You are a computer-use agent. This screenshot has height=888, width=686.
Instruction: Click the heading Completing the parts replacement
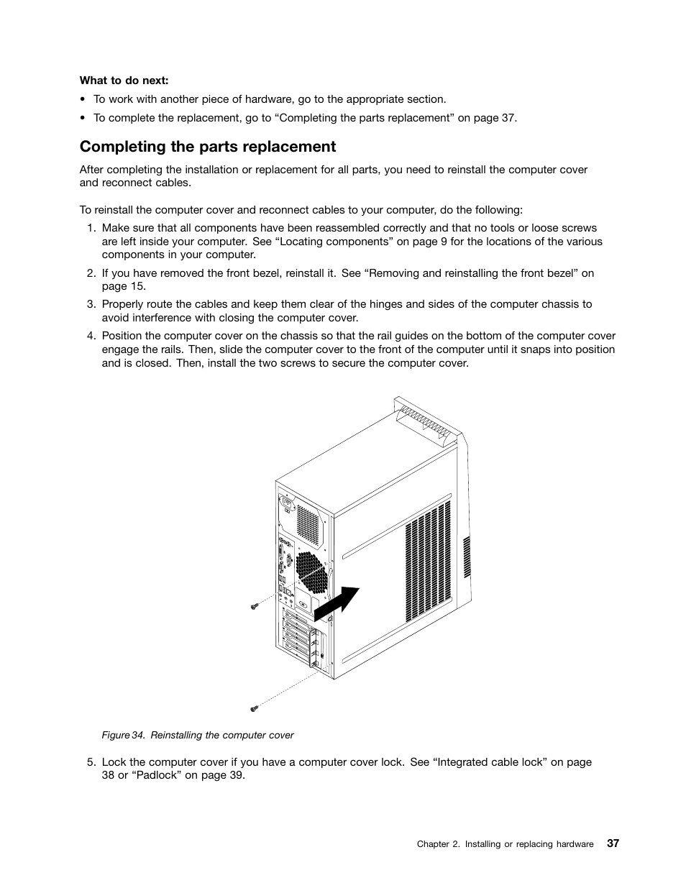(x=208, y=147)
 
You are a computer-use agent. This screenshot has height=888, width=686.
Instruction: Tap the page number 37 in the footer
(x=612, y=843)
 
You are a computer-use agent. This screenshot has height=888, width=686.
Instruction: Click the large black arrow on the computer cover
(x=338, y=600)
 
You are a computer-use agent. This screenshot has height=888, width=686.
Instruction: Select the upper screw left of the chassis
(x=254, y=607)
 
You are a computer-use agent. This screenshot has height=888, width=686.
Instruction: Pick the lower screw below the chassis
(x=254, y=709)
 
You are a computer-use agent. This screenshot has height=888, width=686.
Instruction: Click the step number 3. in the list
(x=91, y=304)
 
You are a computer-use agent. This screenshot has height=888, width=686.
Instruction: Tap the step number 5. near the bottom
(x=91, y=762)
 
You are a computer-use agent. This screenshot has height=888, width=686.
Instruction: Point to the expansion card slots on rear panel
(x=298, y=636)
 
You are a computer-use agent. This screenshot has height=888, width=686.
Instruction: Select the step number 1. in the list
(x=91, y=228)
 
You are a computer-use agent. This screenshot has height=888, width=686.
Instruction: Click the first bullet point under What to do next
(x=83, y=100)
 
